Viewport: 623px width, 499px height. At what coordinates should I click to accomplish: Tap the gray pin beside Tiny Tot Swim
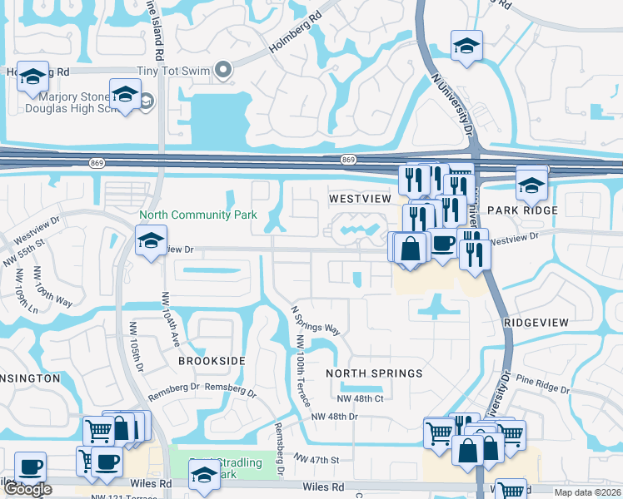pos(222,71)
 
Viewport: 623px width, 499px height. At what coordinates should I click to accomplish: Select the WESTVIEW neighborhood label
pos(359,200)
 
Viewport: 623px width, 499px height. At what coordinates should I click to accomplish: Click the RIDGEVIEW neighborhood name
pos(536,322)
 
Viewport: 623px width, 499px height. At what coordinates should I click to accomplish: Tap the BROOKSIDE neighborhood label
pos(212,361)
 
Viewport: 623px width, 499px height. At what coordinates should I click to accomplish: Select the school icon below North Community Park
pos(151,242)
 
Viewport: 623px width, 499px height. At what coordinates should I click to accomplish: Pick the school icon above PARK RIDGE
pos(531,184)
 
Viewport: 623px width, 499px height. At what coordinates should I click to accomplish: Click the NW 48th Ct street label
pos(363,399)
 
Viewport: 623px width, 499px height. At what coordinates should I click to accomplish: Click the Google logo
pos(27,489)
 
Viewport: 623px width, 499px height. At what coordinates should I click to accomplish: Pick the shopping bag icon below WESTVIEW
pos(411,249)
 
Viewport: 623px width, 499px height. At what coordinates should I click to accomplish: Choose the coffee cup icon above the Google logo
pos(31,467)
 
